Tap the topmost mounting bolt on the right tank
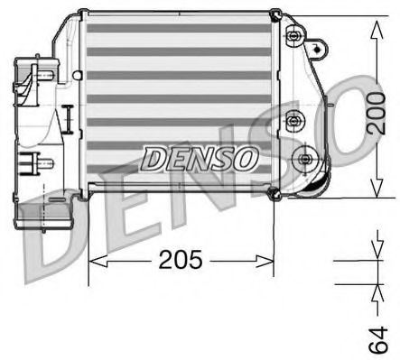[x=293, y=36]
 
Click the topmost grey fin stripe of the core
[x=177, y=30]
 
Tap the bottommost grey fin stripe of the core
[x=177, y=180]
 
